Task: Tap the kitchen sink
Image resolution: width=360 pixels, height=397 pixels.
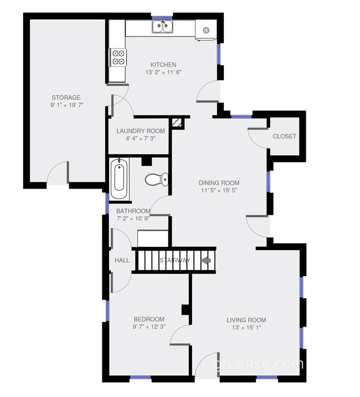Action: (x=163, y=26)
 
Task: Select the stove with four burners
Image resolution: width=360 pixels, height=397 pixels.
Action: (x=118, y=58)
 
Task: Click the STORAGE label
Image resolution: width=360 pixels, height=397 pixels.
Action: (x=66, y=98)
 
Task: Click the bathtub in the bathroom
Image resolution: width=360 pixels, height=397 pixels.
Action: (x=119, y=179)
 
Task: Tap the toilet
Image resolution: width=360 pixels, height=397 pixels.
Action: (x=156, y=179)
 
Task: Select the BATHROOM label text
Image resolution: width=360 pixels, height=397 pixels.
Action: (x=133, y=211)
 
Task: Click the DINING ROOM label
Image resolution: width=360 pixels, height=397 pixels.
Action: (x=219, y=183)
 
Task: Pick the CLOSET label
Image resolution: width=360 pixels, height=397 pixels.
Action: (x=284, y=136)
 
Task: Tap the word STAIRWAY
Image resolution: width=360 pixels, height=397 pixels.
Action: (x=175, y=261)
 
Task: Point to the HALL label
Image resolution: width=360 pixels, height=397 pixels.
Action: (x=122, y=261)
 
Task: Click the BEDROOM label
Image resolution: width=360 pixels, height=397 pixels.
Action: (x=149, y=319)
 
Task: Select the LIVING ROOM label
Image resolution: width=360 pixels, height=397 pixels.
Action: (x=246, y=320)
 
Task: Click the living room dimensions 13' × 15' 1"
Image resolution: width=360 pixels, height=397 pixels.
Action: (x=246, y=328)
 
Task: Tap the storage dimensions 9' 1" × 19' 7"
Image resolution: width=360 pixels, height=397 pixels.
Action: (x=66, y=105)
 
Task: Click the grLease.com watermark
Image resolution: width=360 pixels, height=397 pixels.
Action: (x=259, y=364)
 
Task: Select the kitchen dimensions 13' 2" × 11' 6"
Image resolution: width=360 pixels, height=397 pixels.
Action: (x=163, y=73)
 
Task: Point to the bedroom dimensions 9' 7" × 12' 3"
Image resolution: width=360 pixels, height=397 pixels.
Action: (x=149, y=327)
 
